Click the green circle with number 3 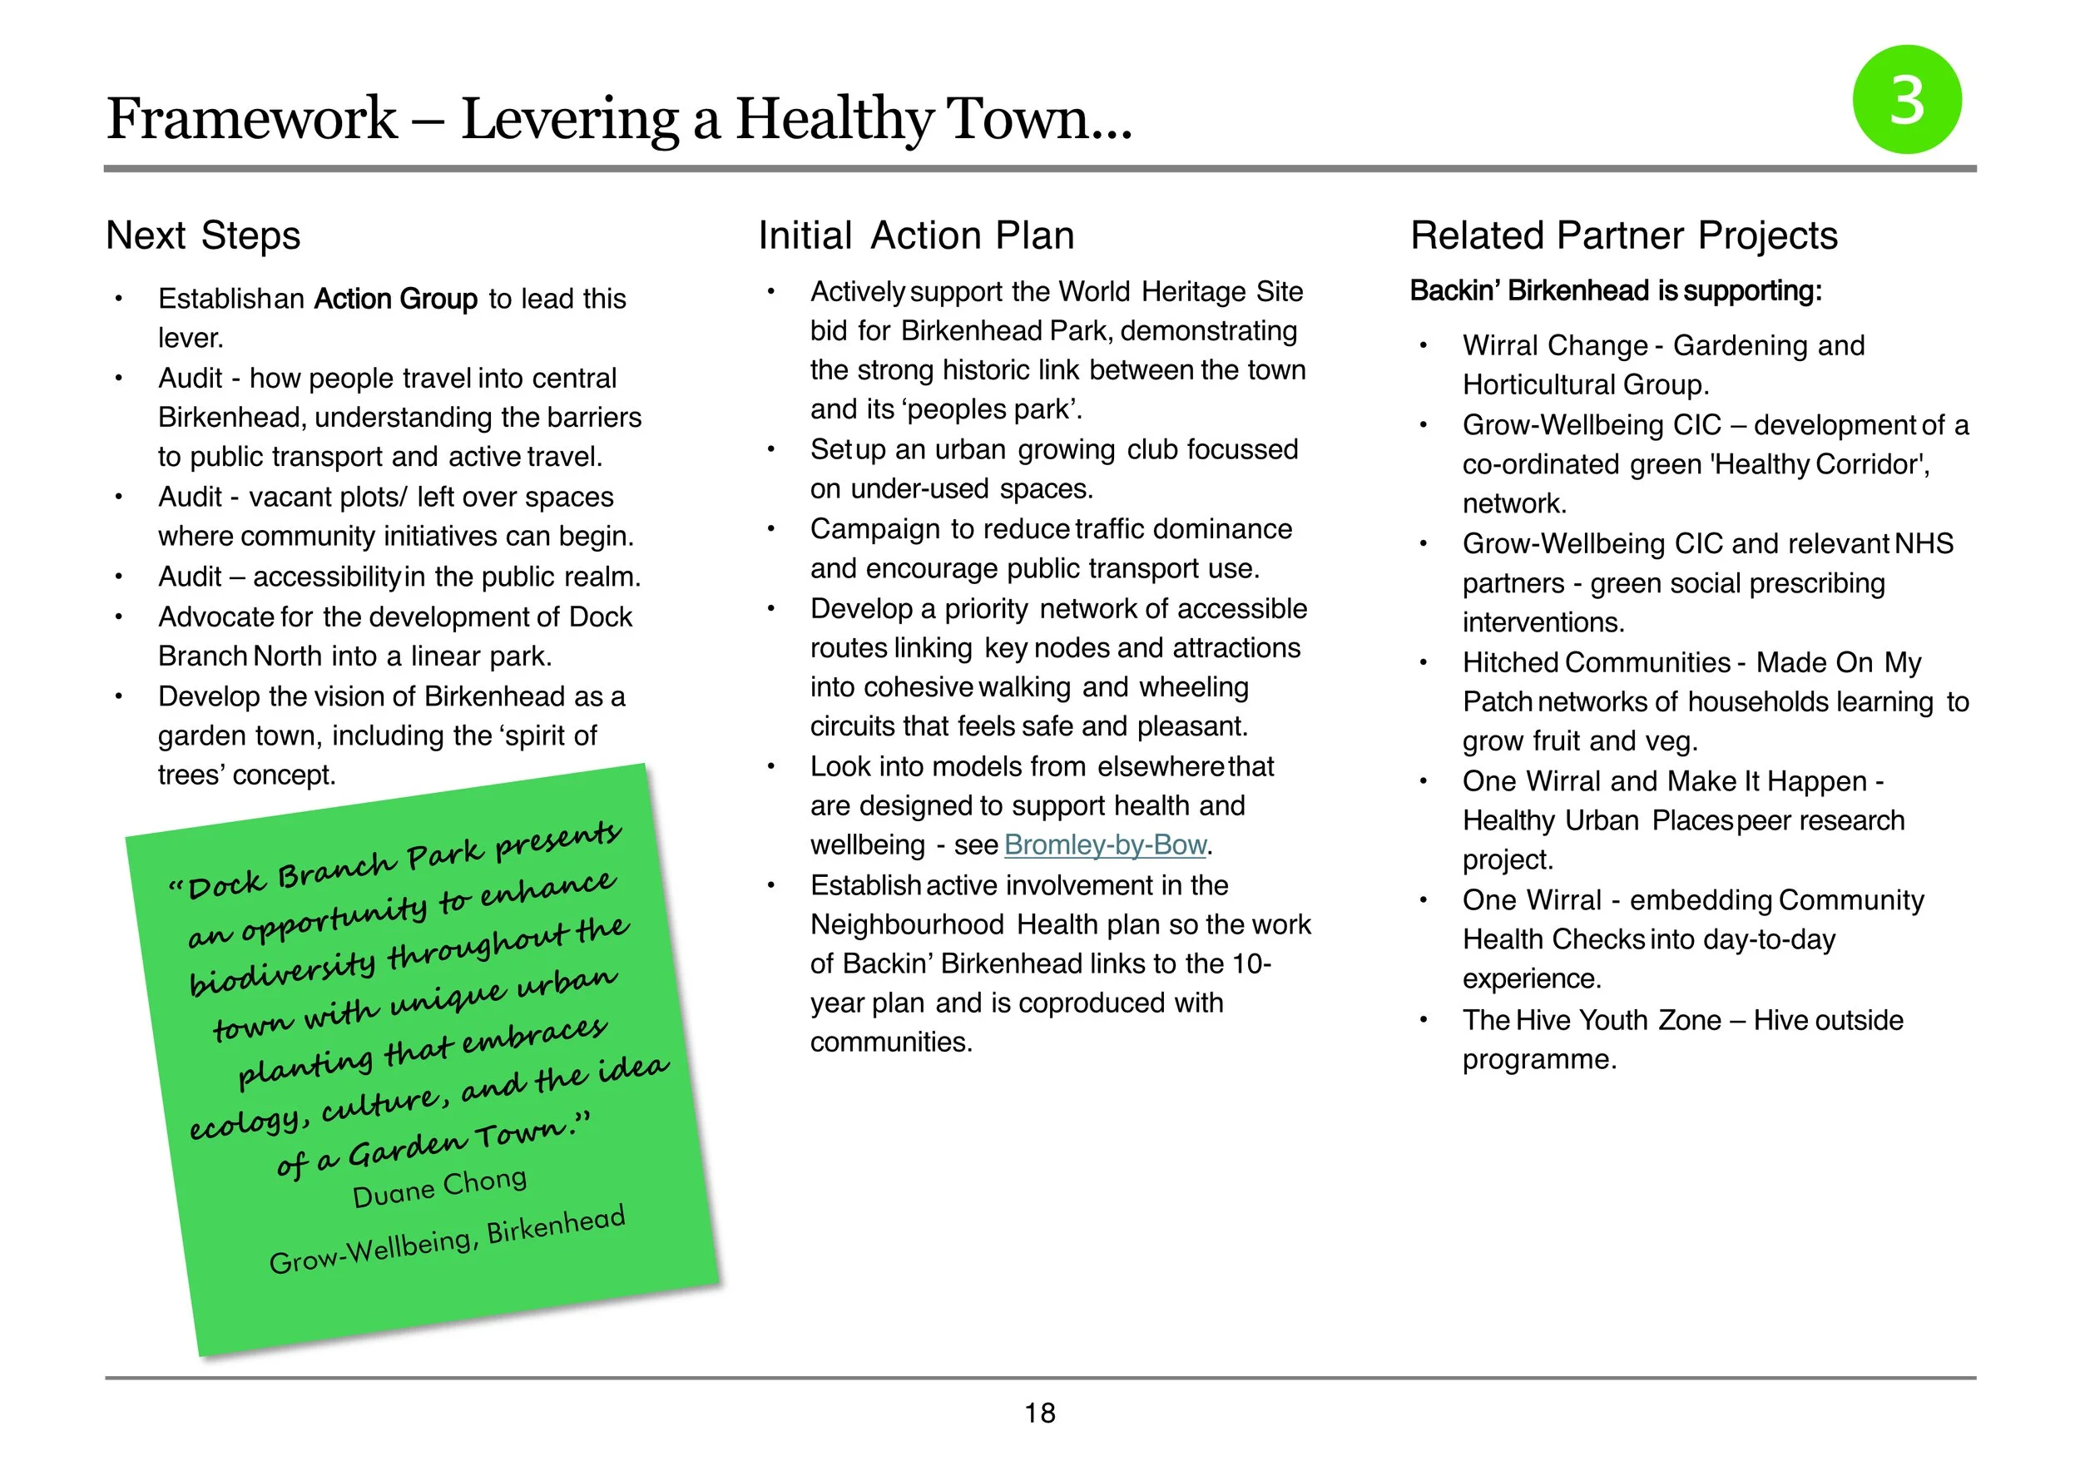coord(1907,100)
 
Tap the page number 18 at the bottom coord(1040,1413)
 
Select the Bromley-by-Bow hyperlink coord(1105,845)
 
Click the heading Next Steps coord(203,235)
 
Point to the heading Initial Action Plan coord(916,235)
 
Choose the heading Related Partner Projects coord(1623,235)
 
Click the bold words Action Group coord(395,299)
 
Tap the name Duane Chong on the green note coord(439,1187)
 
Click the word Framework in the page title coord(252,119)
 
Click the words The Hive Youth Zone coord(1592,1020)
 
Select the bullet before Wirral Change coord(1424,346)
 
